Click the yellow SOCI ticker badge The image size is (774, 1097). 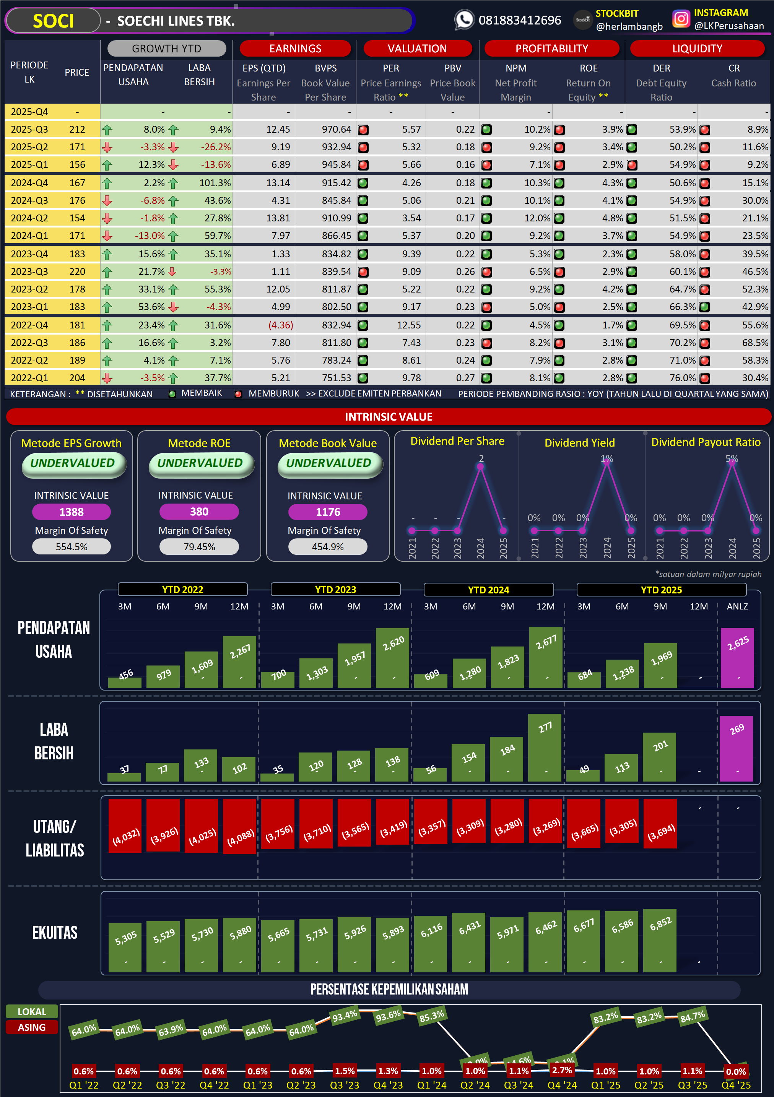pyautogui.click(x=53, y=21)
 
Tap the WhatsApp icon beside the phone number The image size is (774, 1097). pyautogui.click(x=463, y=20)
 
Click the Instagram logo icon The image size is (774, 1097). pyautogui.click(x=681, y=19)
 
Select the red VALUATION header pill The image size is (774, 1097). pyautogui.click(x=417, y=49)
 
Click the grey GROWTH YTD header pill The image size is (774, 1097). pyautogui.click(x=166, y=49)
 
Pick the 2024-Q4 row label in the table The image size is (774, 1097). pyautogui.click(x=29, y=183)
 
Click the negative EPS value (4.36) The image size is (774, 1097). pyautogui.click(x=280, y=325)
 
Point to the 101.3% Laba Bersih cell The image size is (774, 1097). pyautogui.click(x=215, y=183)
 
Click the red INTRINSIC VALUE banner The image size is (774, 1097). pyautogui.click(x=389, y=417)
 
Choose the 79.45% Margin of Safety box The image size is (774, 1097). pyautogui.click(x=199, y=547)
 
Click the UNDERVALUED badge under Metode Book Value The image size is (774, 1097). pyautogui.click(x=329, y=463)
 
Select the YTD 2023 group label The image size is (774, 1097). pyautogui.click(x=335, y=590)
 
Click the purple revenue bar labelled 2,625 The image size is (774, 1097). pyautogui.click(x=737, y=657)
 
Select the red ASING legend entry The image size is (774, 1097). pyautogui.click(x=31, y=1027)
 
